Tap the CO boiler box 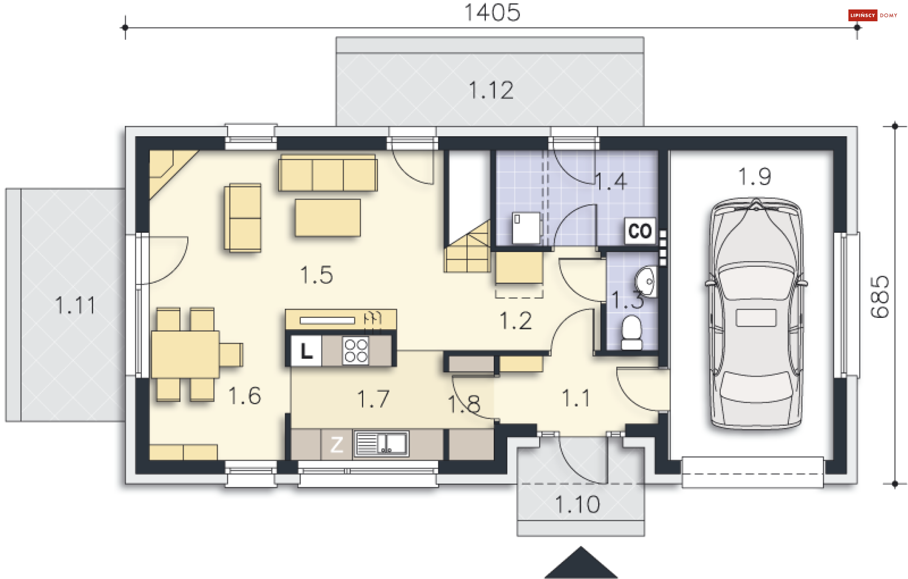[x=640, y=231]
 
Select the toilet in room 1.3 [x=631, y=333]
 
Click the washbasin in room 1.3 [x=646, y=281]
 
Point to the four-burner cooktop [x=356, y=351]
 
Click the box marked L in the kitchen [x=306, y=351]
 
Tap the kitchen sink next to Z [x=382, y=444]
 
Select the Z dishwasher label [x=337, y=445]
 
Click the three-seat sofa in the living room [x=328, y=173]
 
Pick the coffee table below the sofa [x=328, y=218]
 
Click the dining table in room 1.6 [x=185, y=354]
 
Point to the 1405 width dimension [x=492, y=12]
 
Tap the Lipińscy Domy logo [x=873, y=15]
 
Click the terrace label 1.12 [x=491, y=90]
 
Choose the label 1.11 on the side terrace [x=75, y=305]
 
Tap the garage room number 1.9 [x=755, y=177]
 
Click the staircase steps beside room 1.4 [x=467, y=247]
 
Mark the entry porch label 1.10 [x=577, y=505]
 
